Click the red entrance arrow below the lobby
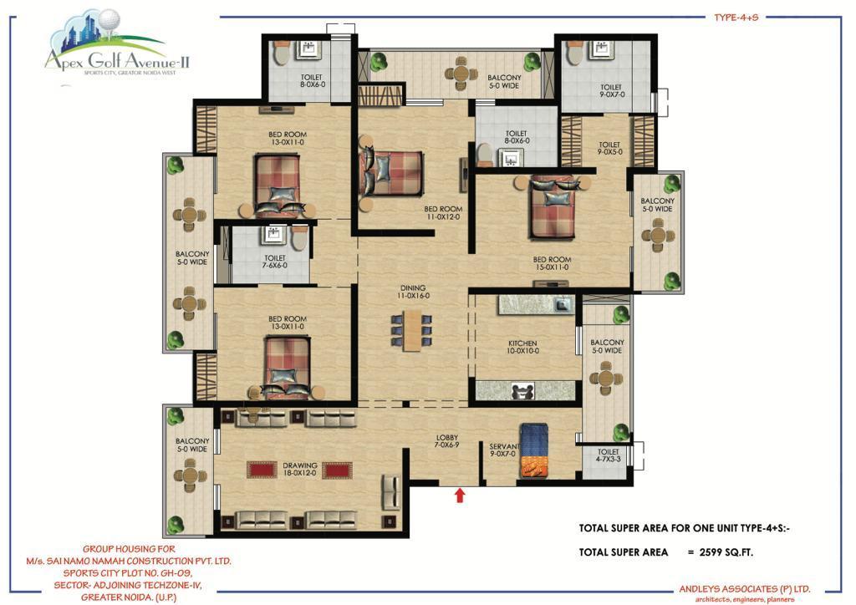pos(460,495)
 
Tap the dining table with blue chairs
pos(412,331)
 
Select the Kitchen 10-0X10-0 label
pos(523,347)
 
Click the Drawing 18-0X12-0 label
pos(300,469)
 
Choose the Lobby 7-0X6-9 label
pos(447,441)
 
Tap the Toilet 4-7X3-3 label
pos(609,455)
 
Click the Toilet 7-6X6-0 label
pos(275,262)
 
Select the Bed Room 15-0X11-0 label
pos(552,263)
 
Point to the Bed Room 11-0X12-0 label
pos(443,213)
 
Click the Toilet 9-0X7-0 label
pos(611,90)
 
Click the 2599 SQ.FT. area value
pos(726,552)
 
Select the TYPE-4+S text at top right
pos(736,18)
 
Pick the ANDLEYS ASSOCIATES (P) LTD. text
pos(745,588)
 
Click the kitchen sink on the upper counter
pos(563,304)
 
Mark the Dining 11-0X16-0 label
pos(413,292)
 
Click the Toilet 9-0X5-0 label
pos(609,148)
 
